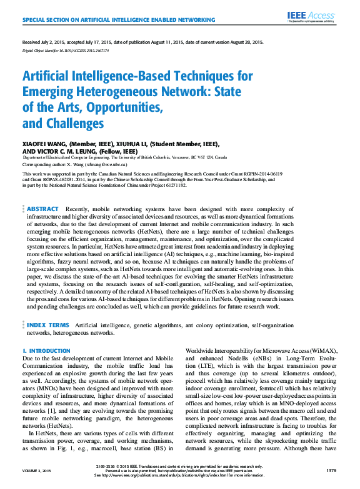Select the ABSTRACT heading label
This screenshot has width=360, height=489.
[42, 209]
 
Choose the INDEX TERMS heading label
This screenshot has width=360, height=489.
[47, 325]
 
